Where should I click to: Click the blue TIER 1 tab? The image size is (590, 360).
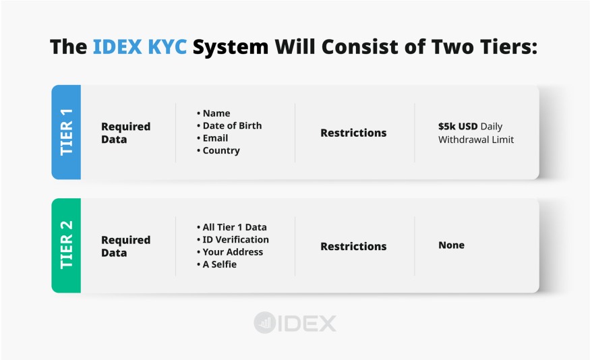pos(66,132)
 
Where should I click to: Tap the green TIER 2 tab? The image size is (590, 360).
pos(66,245)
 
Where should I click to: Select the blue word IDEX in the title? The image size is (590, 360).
pos(117,47)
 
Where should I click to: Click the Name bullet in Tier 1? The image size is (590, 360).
pos(216,113)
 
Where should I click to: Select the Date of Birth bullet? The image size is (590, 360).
pos(231,125)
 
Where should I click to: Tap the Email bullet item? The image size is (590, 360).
pos(215,138)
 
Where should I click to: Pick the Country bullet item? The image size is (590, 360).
pos(220,150)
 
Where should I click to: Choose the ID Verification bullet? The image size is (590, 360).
pos(235,239)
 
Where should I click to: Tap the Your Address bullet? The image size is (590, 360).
pos(233,252)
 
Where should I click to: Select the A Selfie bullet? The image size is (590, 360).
pos(219,264)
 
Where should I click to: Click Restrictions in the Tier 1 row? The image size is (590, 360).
pos(353,133)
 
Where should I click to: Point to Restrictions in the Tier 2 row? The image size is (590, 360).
pos(353,246)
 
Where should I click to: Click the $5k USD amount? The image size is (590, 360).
pos(458,126)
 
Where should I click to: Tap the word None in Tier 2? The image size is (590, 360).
pos(451,245)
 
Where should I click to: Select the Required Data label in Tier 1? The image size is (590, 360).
pos(125,133)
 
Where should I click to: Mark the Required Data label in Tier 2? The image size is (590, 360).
pos(125,246)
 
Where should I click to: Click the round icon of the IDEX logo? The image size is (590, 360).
pos(264,323)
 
